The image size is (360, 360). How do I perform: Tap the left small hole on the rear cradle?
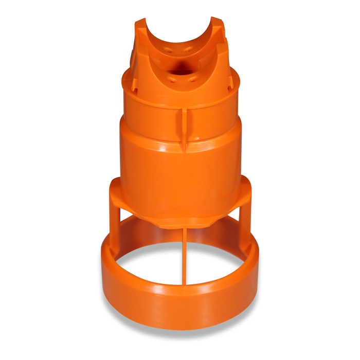(168, 50)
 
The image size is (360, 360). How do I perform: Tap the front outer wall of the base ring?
(180, 303)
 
